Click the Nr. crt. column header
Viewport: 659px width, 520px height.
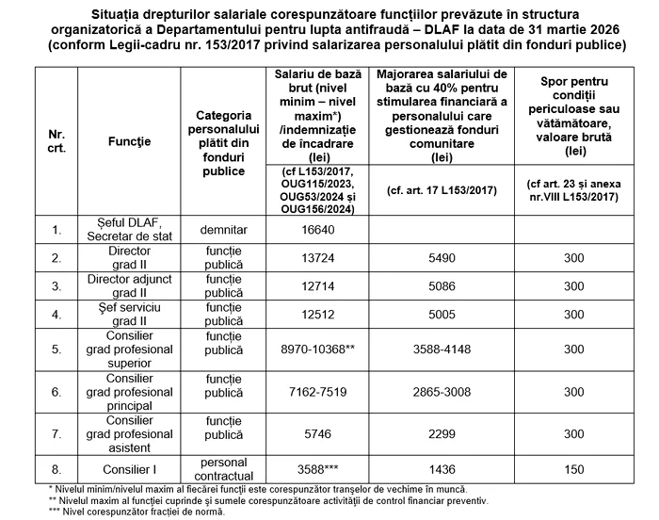pyautogui.click(x=57, y=141)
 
